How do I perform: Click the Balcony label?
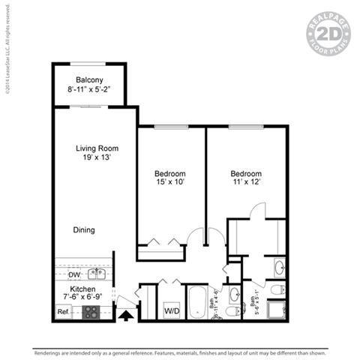click(89, 80)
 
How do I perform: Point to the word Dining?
click(84, 230)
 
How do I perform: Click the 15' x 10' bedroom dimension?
click(170, 182)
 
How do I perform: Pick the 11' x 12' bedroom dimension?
click(245, 182)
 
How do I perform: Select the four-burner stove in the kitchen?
click(91, 312)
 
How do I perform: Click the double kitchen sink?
click(97, 273)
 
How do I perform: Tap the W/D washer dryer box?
click(171, 310)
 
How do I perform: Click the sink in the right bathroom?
click(279, 267)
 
